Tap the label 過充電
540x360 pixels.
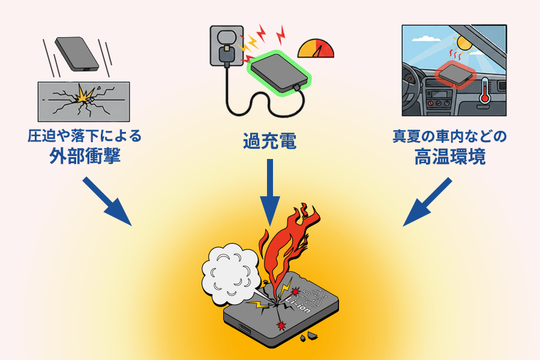click(269, 143)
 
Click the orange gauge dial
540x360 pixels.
click(316, 49)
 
